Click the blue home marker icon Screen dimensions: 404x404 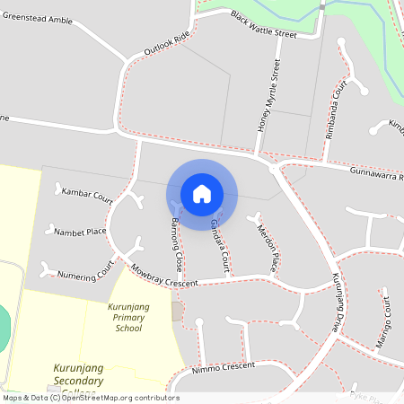pyautogui.click(x=201, y=193)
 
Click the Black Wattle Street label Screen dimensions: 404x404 pyautogui.click(x=262, y=24)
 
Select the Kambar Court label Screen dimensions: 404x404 pyautogui.click(x=86, y=194)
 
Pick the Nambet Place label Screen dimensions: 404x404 pyautogui.click(x=80, y=232)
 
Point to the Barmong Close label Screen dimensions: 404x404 pyautogui.click(x=171, y=244)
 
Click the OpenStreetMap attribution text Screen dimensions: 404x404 pyautogui.click(x=90, y=398)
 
